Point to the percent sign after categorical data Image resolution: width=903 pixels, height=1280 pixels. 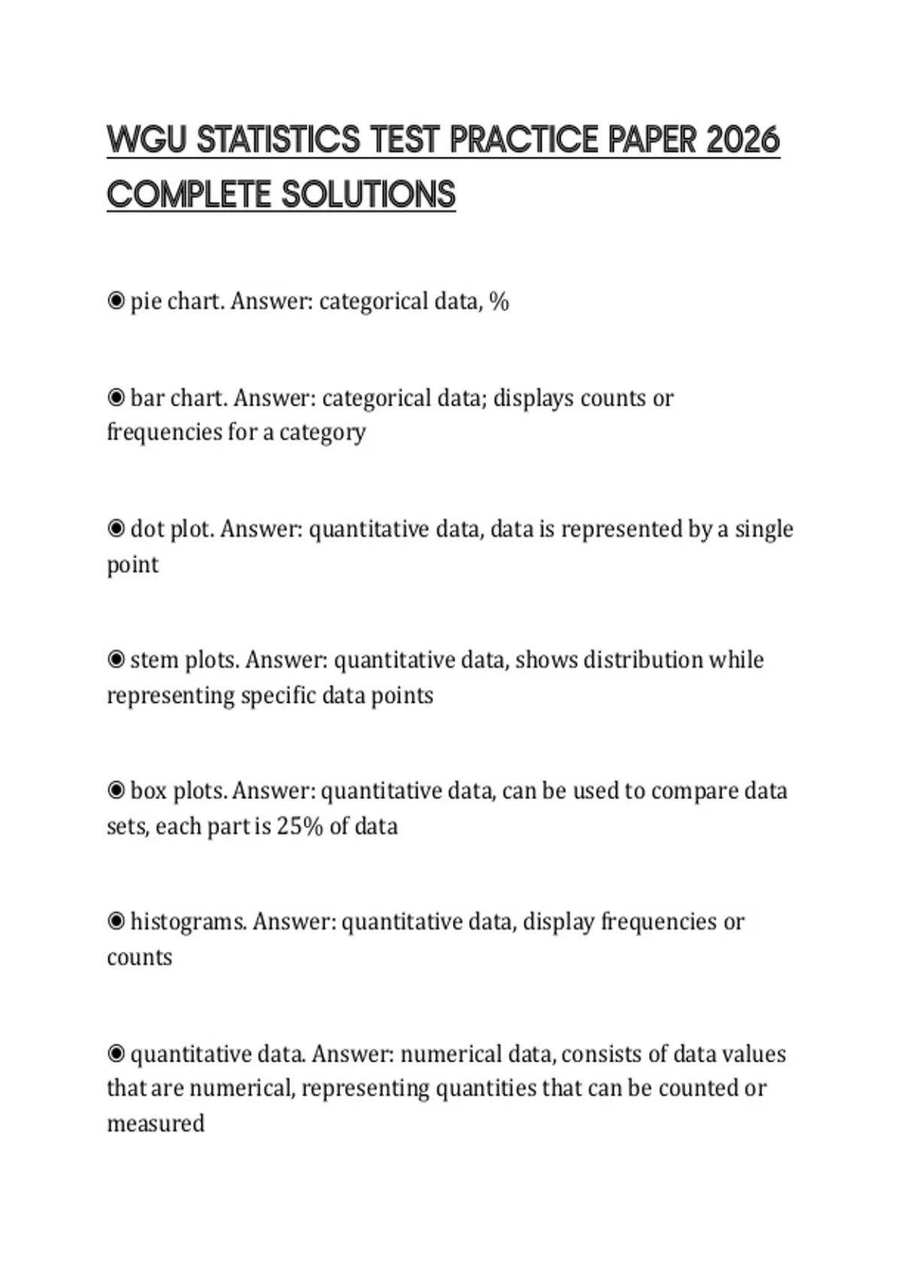[x=499, y=301]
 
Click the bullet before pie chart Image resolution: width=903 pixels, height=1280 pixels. [x=116, y=301]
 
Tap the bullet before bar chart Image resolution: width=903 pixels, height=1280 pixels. [x=116, y=397]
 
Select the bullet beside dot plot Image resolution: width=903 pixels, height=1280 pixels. [x=116, y=529]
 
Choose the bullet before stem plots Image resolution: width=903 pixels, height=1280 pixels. [x=116, y=660]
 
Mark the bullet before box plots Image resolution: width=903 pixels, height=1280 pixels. [x=116, y=791]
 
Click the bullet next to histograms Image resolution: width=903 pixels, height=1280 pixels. [x=116, y=921]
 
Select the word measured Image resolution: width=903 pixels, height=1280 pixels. [x=156, y=1123]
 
